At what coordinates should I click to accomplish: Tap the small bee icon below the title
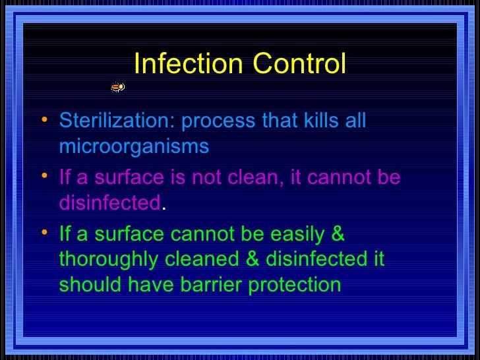(117, 86)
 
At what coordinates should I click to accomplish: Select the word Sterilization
(117, 121)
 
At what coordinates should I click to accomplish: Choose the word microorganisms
(134, 146)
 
